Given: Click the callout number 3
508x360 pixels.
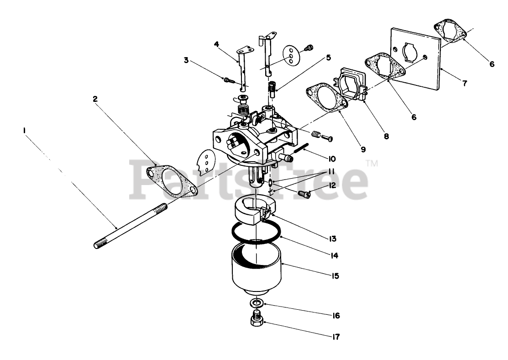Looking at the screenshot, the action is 186,60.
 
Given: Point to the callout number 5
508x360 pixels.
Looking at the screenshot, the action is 328,58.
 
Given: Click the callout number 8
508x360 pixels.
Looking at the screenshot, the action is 386,136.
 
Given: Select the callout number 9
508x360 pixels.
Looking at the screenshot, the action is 363,149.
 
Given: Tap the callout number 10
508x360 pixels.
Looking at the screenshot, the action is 331,159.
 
